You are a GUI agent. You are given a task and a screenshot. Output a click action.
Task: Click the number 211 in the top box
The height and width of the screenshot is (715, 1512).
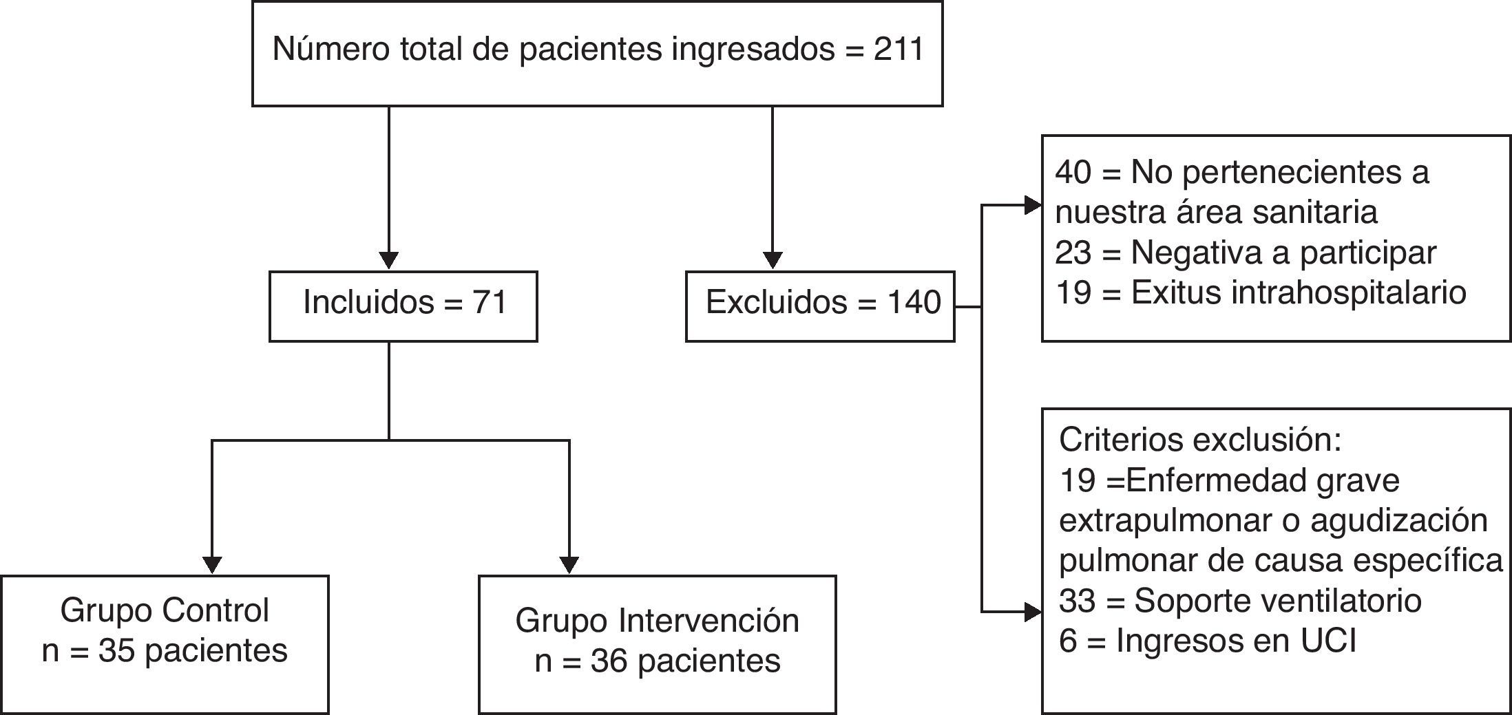[x=899, y=50]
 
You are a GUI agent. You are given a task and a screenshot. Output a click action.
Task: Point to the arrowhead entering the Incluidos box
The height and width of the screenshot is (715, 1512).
[x=389, y=261]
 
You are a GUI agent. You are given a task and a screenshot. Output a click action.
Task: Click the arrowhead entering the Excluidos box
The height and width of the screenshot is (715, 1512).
[x=773, y=261]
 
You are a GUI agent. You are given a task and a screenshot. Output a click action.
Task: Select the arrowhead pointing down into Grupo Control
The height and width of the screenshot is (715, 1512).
[x=212, y=564]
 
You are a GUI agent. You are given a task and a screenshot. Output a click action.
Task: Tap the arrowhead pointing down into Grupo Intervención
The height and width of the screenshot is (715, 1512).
[x=569, y=564]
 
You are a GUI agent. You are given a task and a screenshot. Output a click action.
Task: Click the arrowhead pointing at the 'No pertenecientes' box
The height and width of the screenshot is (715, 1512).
[x=1032, y=205]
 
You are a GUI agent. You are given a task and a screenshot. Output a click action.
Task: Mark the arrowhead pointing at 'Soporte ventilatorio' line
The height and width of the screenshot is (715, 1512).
[x=1032, y=611]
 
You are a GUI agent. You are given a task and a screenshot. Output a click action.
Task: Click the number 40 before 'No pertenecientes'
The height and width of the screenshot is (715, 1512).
[x=1073, y=172]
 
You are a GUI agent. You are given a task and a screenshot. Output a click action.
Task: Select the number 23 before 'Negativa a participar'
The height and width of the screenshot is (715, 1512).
[x=1073, y=253]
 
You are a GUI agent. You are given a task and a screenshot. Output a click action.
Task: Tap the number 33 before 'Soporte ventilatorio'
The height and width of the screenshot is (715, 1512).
[x=1077, y=601]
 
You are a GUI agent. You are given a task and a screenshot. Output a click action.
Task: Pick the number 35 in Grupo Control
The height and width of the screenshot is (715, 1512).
[x=115, y=651]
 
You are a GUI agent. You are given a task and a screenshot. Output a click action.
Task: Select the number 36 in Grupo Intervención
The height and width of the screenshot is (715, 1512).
[x=608, y=661]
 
